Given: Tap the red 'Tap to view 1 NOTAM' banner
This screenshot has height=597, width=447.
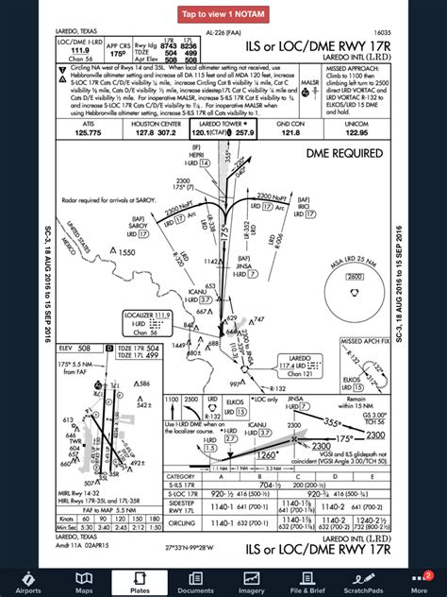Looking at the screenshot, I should click(223, 14).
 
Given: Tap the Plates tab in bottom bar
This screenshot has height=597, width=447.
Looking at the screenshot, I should click(139, 581).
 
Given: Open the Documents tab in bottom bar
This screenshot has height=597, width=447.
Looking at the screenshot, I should click(195, 581).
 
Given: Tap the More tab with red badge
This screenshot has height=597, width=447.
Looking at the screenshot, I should click(419, 581).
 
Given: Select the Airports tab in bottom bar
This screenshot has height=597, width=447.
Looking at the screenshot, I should click(28, 581).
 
